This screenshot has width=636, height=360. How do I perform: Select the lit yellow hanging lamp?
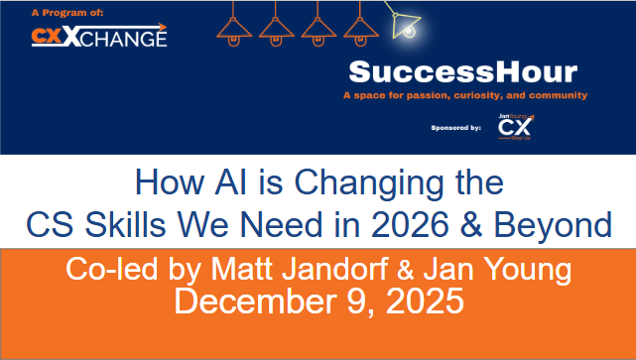(405, 27)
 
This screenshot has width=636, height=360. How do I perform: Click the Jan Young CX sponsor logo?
(515, 128)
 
